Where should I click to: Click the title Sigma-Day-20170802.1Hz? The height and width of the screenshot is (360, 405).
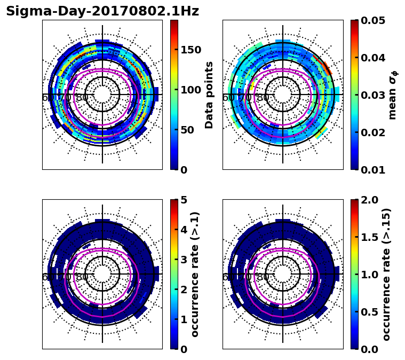102,11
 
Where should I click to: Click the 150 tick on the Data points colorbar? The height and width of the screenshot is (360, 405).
191,50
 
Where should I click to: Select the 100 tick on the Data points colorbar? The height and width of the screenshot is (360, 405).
191,90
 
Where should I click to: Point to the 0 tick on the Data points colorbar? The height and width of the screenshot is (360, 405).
184,170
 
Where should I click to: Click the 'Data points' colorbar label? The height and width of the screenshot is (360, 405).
209,95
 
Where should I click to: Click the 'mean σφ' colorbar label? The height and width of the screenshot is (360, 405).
392,95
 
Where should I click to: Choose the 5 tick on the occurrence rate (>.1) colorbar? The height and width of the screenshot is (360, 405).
184,200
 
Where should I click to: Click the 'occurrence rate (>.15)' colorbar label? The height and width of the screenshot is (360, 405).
386,275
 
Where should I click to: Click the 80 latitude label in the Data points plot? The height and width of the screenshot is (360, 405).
82,98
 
